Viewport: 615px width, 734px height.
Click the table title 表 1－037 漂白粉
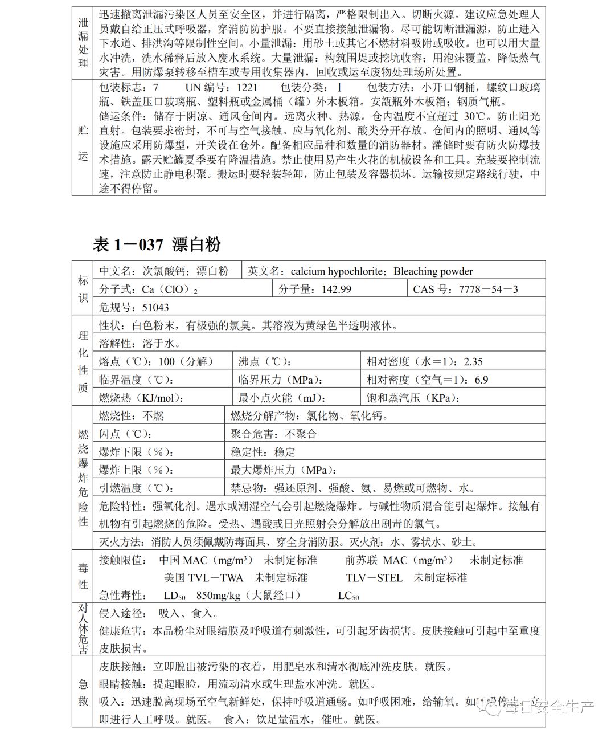(x=157, y=244)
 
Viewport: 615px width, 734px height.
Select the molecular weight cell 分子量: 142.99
(x=314, y=289)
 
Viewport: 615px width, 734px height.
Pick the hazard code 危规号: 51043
(x=134, y=307)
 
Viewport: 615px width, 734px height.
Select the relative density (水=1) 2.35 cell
(x=424, y=361)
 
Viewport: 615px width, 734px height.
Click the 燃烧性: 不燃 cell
(x=132, y=416)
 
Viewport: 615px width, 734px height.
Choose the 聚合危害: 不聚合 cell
(x=274, y=434)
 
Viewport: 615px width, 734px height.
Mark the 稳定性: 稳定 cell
(x=263, y=452)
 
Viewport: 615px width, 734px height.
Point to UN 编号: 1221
(x=222, y=87)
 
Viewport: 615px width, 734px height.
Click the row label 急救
(x=83, y=692)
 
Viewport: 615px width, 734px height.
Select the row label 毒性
(x=83, y=576)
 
